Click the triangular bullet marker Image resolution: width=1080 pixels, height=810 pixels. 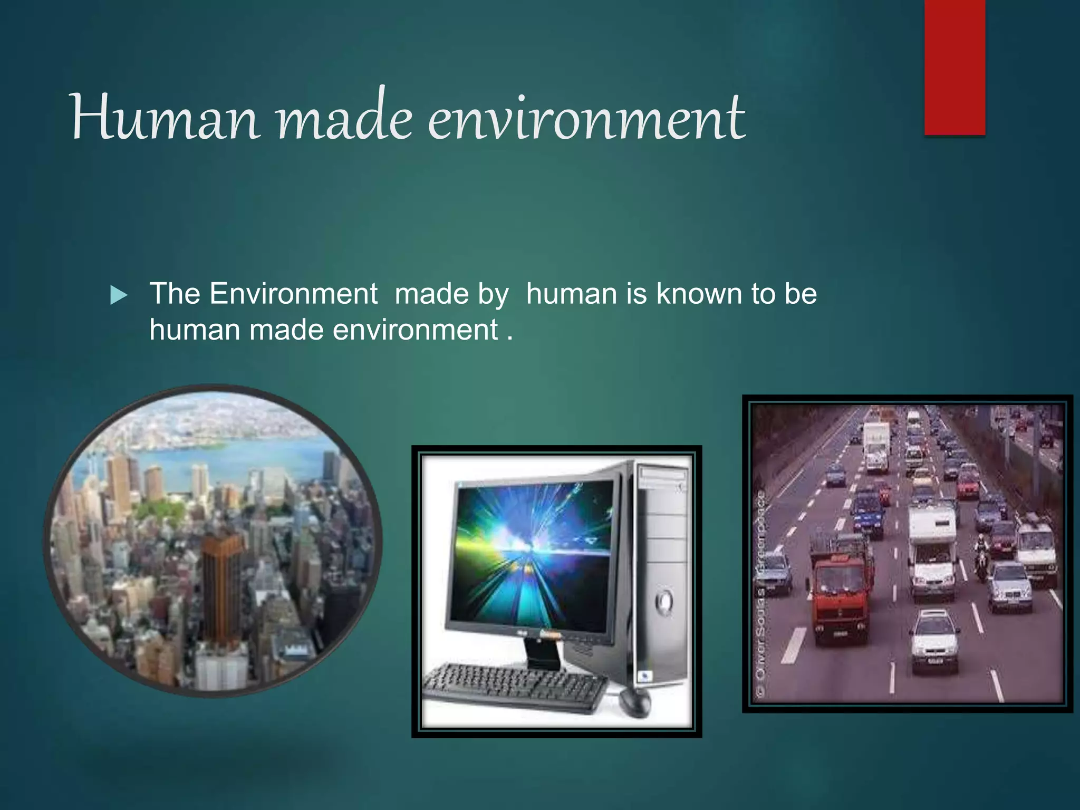pyautogui.click(x=119, y=295)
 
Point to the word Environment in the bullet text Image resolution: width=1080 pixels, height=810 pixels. pyautogui.click(x=293, y=294)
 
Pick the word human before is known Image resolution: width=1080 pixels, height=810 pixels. pyautogui.click(x=571, y=294)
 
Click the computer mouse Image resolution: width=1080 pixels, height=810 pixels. pyautogui.click(x=634, y=701)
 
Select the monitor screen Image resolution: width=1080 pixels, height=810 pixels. pyautogui.click(x=533, y=554)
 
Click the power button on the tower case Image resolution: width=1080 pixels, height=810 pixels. pyautogui.click(x=663, y=601)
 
